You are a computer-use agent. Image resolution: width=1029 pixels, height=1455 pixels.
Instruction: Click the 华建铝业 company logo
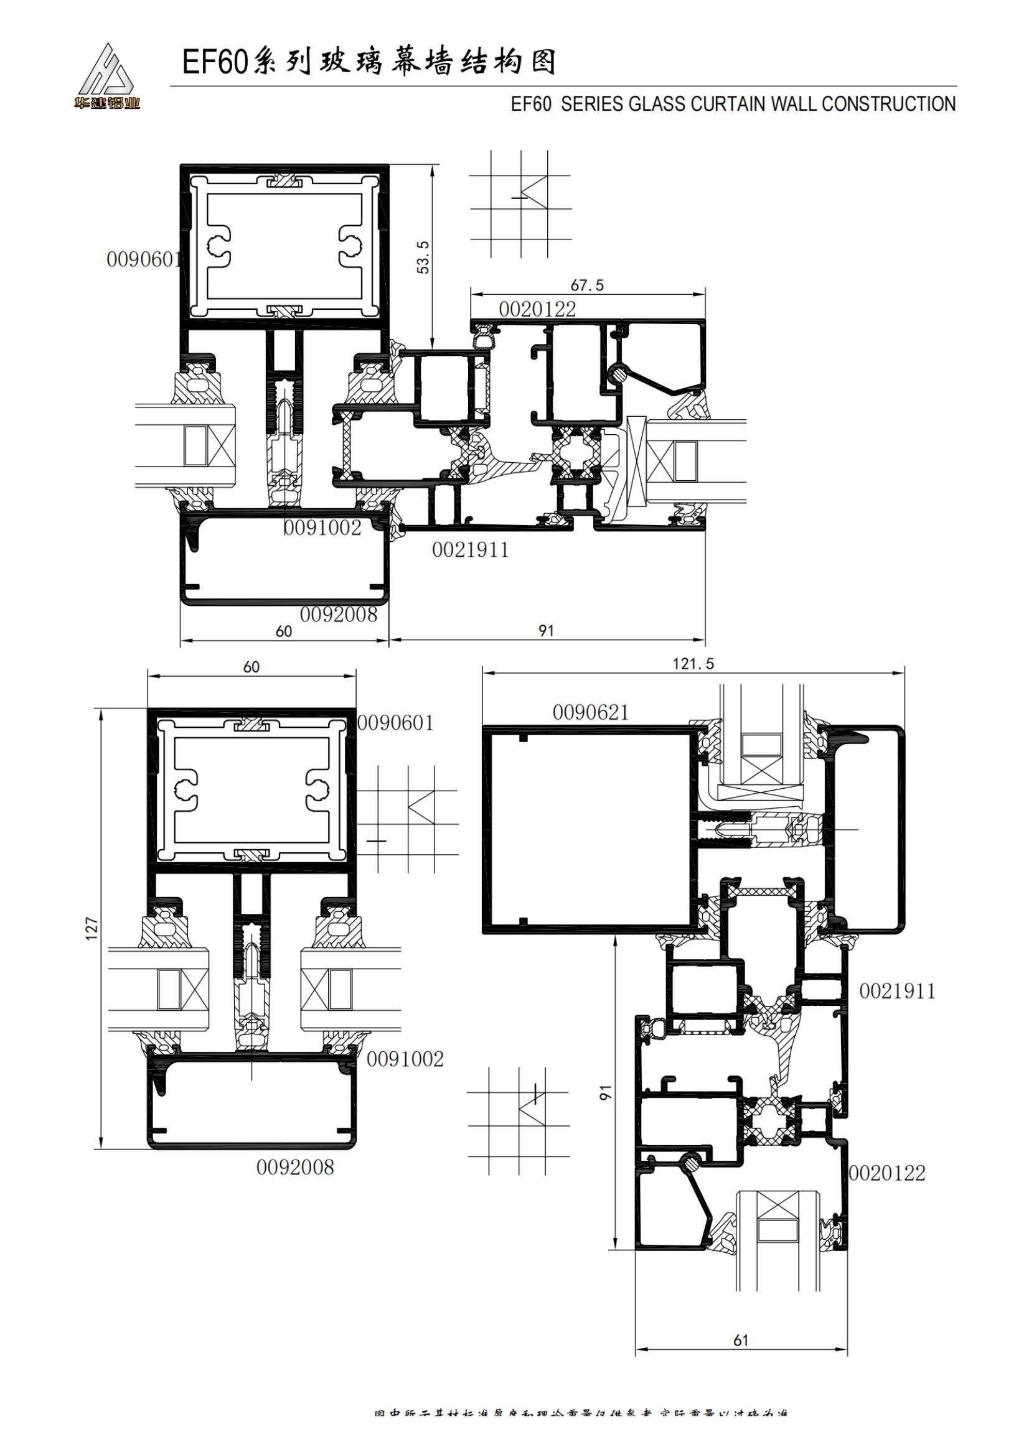[x=106, y=76]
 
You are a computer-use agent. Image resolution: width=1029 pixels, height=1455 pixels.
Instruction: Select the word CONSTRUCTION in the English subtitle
[x=888, y=104]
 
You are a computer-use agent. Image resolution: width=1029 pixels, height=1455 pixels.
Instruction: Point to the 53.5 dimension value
[x=423, y=257]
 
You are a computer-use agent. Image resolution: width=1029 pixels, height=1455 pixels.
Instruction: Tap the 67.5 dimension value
[x=587, y=285]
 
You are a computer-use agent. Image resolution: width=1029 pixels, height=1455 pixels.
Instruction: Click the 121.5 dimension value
[x=693, y=664]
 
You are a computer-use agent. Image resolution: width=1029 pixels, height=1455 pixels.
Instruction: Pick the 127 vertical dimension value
[x=93, y=927]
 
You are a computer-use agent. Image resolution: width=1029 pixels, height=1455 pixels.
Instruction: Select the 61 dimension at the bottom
[x=741, y=1340]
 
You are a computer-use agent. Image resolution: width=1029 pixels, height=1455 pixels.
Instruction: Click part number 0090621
[x=590, y=712]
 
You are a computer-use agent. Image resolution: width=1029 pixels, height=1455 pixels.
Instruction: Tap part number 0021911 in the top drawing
[x=471, y=550]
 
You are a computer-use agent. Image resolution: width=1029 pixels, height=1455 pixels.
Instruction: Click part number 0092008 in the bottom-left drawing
[x=295, y=1167]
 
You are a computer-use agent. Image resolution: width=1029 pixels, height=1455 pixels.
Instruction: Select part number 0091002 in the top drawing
[x=322, y=528]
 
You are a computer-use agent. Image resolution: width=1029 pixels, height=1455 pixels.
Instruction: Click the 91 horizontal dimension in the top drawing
[x=546, y=631]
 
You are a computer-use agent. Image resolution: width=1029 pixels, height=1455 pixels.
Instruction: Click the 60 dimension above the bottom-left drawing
[x=251, y=667]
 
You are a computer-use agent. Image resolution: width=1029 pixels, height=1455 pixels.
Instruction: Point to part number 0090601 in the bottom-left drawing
[x=395, y=722]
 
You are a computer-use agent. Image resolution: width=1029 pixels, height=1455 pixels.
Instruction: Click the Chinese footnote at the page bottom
[x=580, y=1431]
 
